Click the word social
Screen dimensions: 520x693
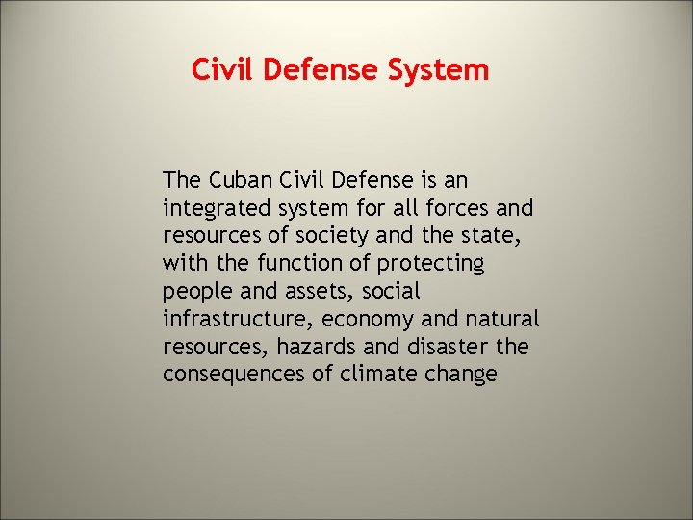(x=389, y=291)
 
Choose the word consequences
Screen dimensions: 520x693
(x=234, y=374)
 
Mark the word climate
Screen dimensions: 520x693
(x=378, y=374)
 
